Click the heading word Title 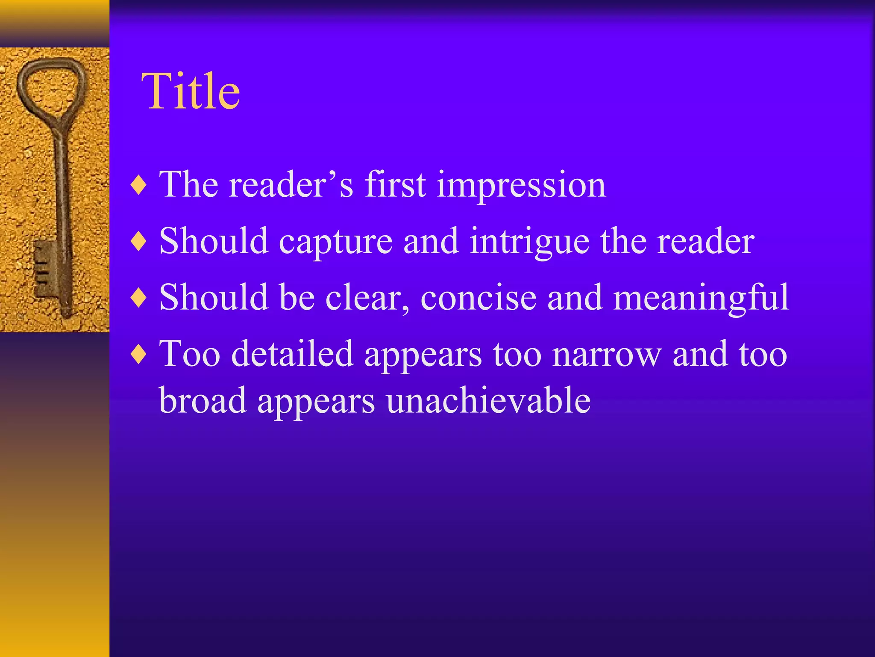(191, 92)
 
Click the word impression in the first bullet (521, 186)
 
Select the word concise (479, 298)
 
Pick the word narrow (607, 354)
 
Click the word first (395, 185)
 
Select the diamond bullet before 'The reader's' (139, 186)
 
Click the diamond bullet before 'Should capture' (139, 242)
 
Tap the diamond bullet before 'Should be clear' (139, 298)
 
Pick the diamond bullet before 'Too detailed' (139, 354)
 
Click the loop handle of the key (52, 86)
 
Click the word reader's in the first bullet (291, 185)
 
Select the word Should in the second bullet (214, 241)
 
